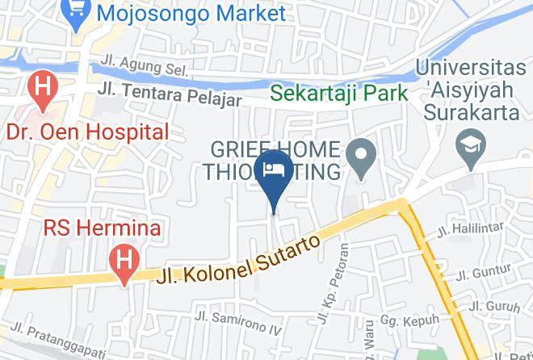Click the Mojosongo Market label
(x=191, y=14)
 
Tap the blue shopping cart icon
(x=78, y=14)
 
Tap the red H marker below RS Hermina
(x=124, y=262)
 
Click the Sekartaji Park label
(x=338, y=93)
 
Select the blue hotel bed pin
(x=274, y=171)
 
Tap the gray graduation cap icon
(x=468, y=145)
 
